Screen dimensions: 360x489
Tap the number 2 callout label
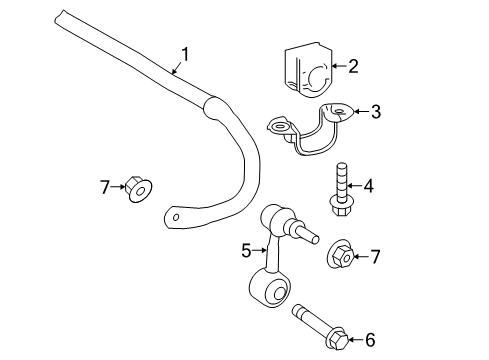pyautogui.click(x=352, y=67)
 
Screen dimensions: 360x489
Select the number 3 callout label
pyautogui.click(x=375, y=112)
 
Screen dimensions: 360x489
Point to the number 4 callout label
pyautogui.click(x=368, y=185)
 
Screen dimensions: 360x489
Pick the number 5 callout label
pyautogui.click(x=246, y=251)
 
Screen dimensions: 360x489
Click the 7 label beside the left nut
pyautogui.click(x=103, y=186)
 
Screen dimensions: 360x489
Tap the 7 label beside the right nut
pyautogui.click(x=376, y=257)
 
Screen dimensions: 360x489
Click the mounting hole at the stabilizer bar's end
pyautogui.click(x=177, y=216)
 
